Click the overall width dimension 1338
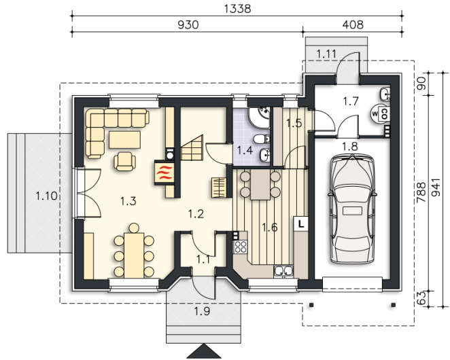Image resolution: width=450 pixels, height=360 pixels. pos(237,9)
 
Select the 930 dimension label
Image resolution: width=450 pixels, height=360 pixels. pos(188,25)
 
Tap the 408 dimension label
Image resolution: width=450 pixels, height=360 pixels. pos(353,25)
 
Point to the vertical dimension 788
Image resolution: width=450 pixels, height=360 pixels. pos(421,192)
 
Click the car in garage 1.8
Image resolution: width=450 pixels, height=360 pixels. pos(352,209)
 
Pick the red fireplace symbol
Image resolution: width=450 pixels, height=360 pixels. pos(164,173)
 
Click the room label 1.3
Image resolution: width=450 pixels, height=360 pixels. pos(128,201)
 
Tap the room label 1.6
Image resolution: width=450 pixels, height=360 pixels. pos(270,228)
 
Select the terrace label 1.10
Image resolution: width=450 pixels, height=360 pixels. pos(46,196)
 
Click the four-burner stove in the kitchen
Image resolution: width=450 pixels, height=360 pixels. pos(241,247)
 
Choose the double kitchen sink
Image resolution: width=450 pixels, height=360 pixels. pos(283,271)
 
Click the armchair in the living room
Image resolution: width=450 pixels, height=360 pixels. pos(124,161)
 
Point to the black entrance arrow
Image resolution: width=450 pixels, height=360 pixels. pos(203,351)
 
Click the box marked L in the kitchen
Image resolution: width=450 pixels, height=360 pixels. pos(300,223)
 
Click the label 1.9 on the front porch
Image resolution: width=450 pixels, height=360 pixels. pos(203,311)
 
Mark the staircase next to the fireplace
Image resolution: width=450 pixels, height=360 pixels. pos(192,148)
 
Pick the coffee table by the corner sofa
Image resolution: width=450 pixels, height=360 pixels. pos(124,140)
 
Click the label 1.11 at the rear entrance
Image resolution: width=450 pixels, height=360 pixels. pos(326,54)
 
